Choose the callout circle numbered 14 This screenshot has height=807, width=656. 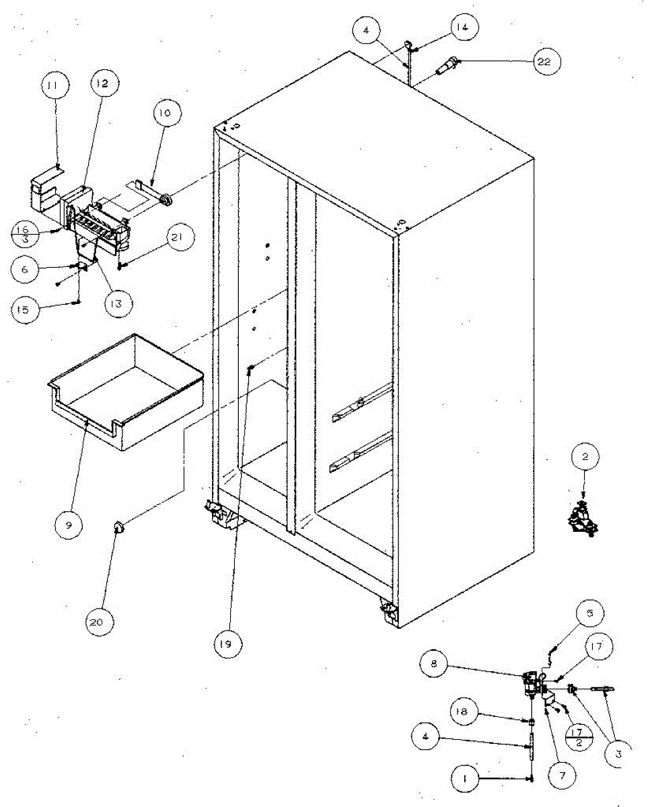466,28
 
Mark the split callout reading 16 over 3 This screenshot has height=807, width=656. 24,233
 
